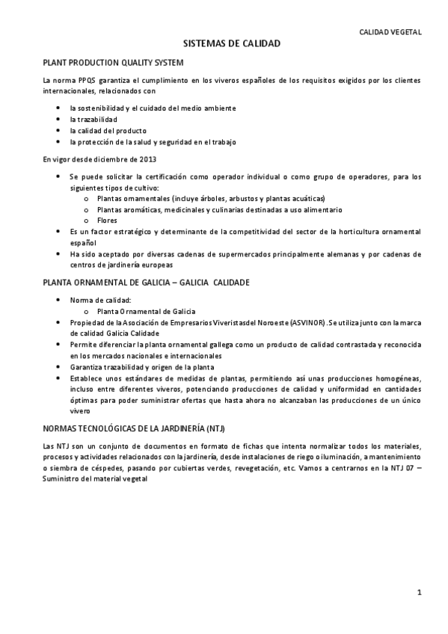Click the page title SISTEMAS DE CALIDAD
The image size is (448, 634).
[x=232, y=44]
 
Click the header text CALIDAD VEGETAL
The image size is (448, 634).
[x=390, y=32]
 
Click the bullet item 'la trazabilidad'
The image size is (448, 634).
[x=93, y=119]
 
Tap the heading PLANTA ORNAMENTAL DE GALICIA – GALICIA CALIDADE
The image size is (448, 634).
[x=146, y=283]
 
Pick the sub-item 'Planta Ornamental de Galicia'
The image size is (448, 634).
[x=147, y=311]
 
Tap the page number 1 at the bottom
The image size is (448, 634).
[x=420, y=592]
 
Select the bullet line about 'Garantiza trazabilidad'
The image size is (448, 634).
[x=142, y=367]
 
